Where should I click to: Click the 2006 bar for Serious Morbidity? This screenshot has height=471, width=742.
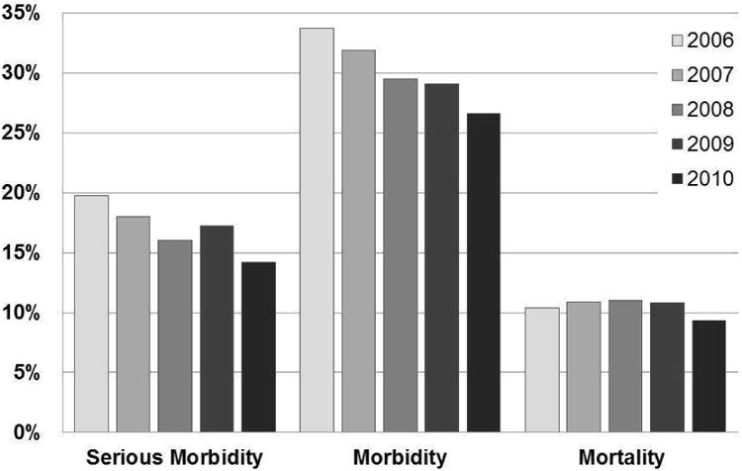(x=92, y=314)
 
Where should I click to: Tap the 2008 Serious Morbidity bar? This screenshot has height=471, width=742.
(x=174, y=336)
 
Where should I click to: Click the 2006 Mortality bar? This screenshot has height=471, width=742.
(x=542, y=370)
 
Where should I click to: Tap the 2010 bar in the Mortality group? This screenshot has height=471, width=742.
(x=707, y=376)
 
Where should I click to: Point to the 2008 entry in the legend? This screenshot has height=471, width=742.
(x=705, y=110)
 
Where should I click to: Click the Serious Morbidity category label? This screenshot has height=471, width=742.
(x=174, y=457)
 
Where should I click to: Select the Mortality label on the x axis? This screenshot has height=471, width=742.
(x=624, y=457)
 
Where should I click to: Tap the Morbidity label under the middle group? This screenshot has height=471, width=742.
(x=400, y=457)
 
